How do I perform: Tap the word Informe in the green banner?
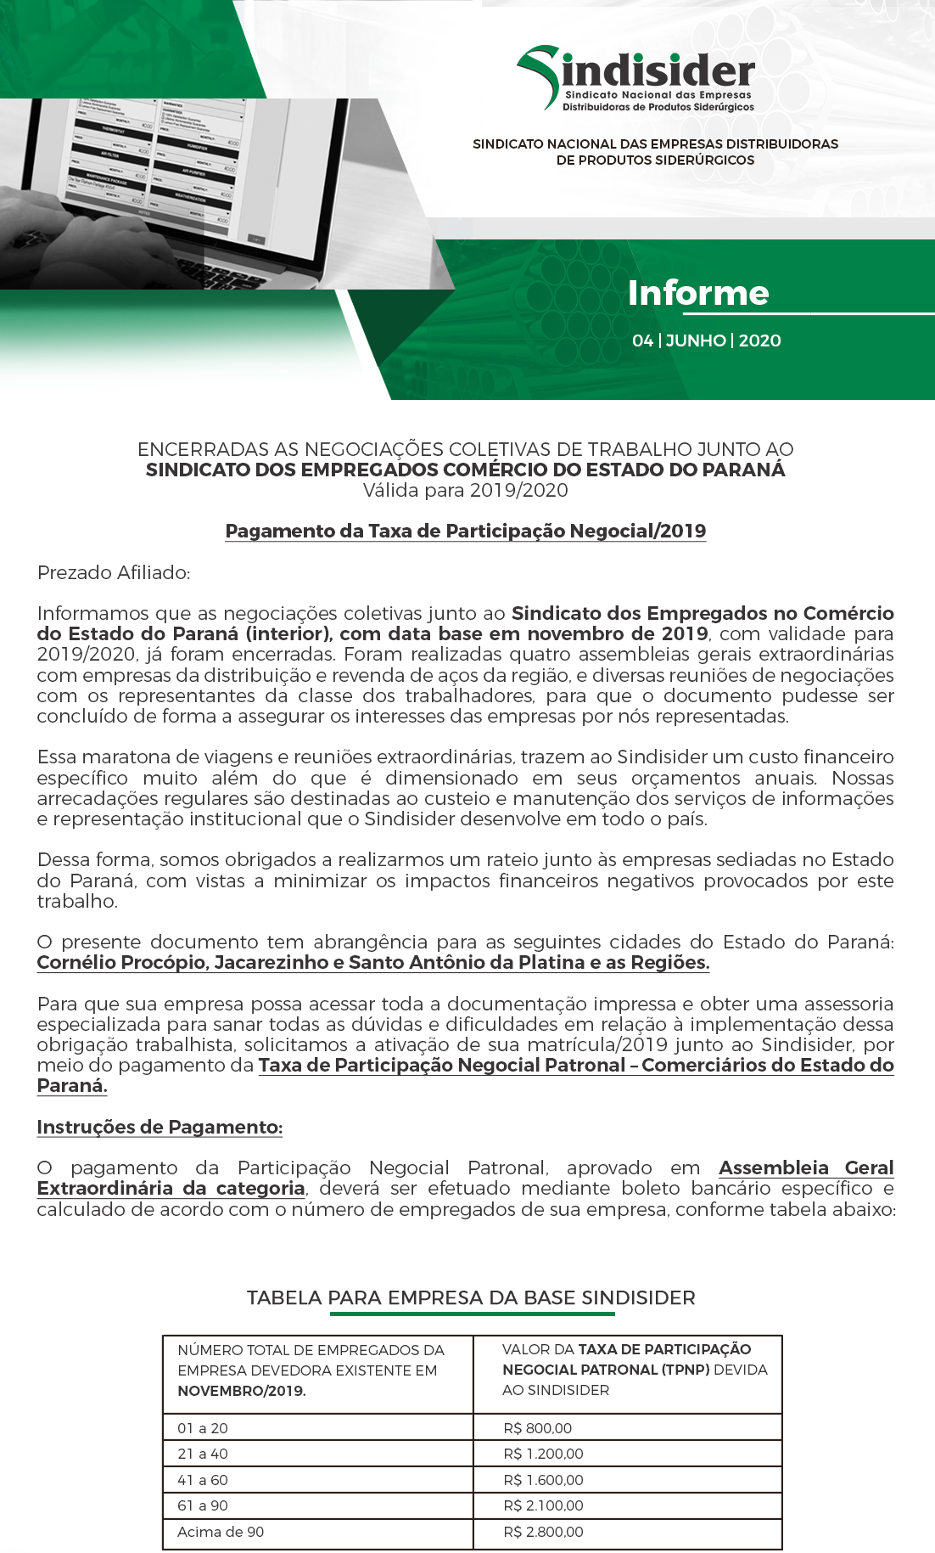697,293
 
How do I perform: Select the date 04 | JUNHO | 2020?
706,340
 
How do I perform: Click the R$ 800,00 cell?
537,1428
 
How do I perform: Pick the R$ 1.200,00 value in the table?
543,1454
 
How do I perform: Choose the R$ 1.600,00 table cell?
543,1480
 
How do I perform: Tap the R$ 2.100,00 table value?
543,1505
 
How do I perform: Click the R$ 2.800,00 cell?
543,1532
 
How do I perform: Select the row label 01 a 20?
203,1428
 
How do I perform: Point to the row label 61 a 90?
203,1505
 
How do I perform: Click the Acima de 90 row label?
221,1532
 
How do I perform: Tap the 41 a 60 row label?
203,1480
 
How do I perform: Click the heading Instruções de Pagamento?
160,1127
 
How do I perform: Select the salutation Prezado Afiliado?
114,572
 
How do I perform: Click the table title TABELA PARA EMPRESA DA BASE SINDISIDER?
471,1297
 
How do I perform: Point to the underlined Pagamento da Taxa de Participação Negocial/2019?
466,531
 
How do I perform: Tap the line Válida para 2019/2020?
466,490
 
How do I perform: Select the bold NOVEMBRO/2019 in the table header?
241,1391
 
